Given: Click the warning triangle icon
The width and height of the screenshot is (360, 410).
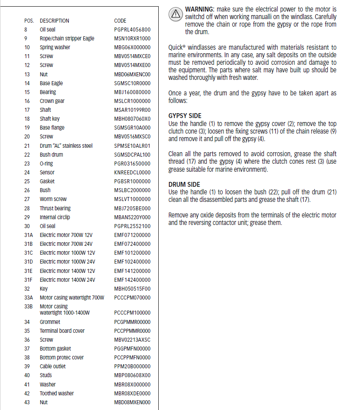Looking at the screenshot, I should (176, 14).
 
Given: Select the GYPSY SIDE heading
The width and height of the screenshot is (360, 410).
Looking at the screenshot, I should (185, 116).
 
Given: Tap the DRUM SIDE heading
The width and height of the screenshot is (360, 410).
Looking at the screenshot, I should (184, 185).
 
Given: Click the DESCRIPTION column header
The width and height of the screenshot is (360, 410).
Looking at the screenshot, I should (55, 21).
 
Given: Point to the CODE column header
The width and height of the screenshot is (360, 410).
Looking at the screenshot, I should (120, 21).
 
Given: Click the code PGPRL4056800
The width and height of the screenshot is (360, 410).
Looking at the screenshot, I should (132, 30).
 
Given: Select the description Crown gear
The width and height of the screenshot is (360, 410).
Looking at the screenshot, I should (52, 101).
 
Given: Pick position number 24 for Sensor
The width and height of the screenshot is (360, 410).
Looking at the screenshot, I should (27, 173).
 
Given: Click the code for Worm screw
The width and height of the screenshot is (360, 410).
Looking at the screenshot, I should (132, 199).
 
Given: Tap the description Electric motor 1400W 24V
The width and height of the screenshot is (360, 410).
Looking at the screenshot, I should (67, 280).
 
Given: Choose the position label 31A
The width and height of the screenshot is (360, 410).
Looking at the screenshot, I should (28, 235).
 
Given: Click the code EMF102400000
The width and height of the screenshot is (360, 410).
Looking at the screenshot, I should (132, 262).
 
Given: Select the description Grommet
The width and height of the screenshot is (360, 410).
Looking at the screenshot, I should (50, 322).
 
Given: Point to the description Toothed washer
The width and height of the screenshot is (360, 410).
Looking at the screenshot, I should (57, 394).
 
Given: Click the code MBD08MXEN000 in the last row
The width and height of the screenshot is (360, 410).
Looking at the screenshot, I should (132, 402).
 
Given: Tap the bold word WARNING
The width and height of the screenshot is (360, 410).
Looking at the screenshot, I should (200, 9).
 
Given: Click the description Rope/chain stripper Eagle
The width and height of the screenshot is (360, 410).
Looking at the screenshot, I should (67, 39).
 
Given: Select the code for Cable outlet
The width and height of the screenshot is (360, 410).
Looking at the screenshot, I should (132, 367).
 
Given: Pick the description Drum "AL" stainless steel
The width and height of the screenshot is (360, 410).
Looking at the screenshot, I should (66, 146).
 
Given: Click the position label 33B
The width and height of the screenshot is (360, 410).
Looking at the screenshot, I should (28, 307).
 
